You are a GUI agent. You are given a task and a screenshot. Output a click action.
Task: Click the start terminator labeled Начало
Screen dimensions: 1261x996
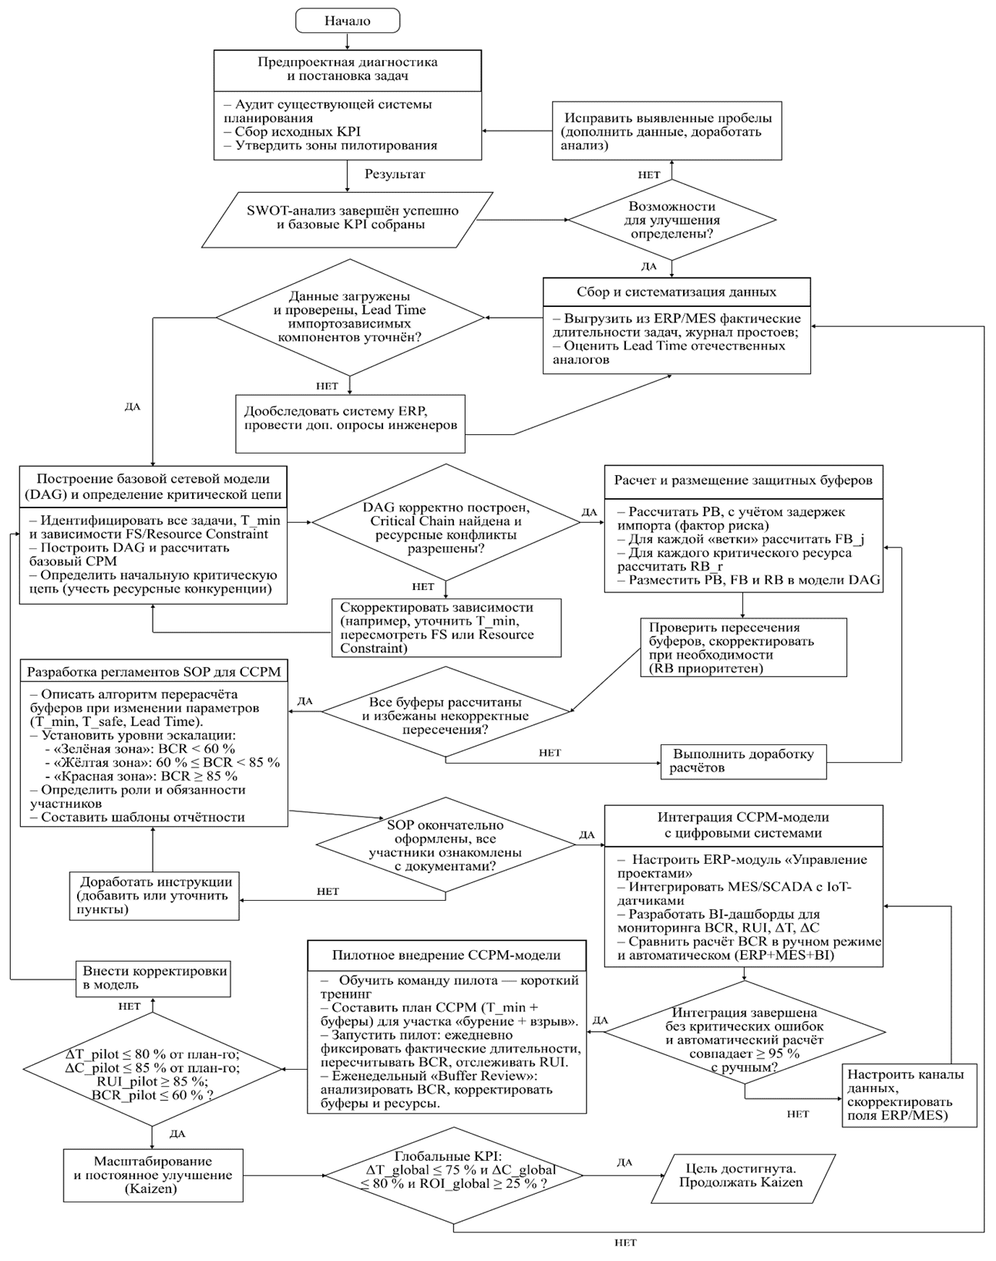click(x=348, y=21)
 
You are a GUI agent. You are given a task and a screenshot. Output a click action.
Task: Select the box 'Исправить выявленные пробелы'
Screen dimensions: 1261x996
click(x=667, y=131)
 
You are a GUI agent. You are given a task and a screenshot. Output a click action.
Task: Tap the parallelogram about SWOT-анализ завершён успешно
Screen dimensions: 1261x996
click(x=352, y=217)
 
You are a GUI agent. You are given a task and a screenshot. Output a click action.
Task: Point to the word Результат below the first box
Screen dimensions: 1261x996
click(x=395, y=174)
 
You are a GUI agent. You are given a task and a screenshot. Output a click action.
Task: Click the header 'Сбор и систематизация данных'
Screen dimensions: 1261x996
click(x=676, y=292)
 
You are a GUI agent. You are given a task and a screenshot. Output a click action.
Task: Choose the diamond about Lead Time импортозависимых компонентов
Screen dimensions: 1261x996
click(x=349, y=317)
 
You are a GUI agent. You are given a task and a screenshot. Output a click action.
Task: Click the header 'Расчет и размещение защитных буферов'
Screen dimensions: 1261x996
click(x=743, y=480)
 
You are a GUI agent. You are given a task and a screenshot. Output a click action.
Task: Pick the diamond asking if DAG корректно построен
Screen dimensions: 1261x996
click(x=446, y=522)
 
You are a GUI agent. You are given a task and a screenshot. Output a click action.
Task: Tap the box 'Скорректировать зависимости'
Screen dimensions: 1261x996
click(x=446, y=628)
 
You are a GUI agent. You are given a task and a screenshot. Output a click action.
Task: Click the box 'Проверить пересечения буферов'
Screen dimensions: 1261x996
click(x=742, y=648)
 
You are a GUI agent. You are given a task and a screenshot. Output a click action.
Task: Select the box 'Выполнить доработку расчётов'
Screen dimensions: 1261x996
click(x=743, y=761)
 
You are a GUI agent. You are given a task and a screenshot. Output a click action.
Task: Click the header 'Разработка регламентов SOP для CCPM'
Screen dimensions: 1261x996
click(x=153, y=672)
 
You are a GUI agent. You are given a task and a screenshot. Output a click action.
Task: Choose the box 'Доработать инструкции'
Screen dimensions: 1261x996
click(x=154, y=895)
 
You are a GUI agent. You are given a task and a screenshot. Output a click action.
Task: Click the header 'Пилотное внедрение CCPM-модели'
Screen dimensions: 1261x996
click(x=446, y=955)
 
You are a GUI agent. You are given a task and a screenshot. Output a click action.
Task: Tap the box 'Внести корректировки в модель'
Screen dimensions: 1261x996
click(x=154, y=978)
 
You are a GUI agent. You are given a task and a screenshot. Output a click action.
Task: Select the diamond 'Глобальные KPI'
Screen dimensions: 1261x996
click(x=453, y=1175)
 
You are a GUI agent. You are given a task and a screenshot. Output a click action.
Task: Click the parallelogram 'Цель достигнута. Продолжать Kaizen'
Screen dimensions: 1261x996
click(x=740, y=1175)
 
